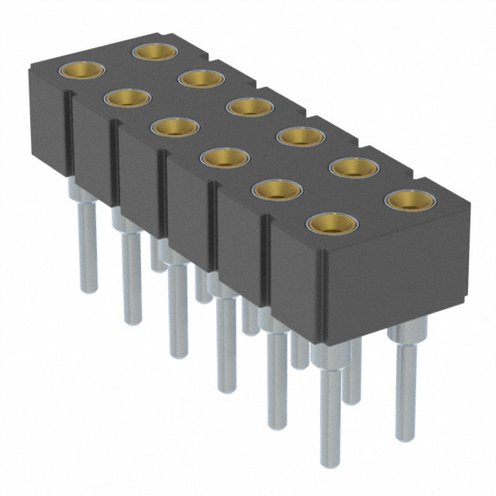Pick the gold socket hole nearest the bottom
[x=331, y=223]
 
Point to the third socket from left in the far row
[x=250, y=106]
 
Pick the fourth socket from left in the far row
[x=300, y=136]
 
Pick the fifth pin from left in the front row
[x=277, y=380]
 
